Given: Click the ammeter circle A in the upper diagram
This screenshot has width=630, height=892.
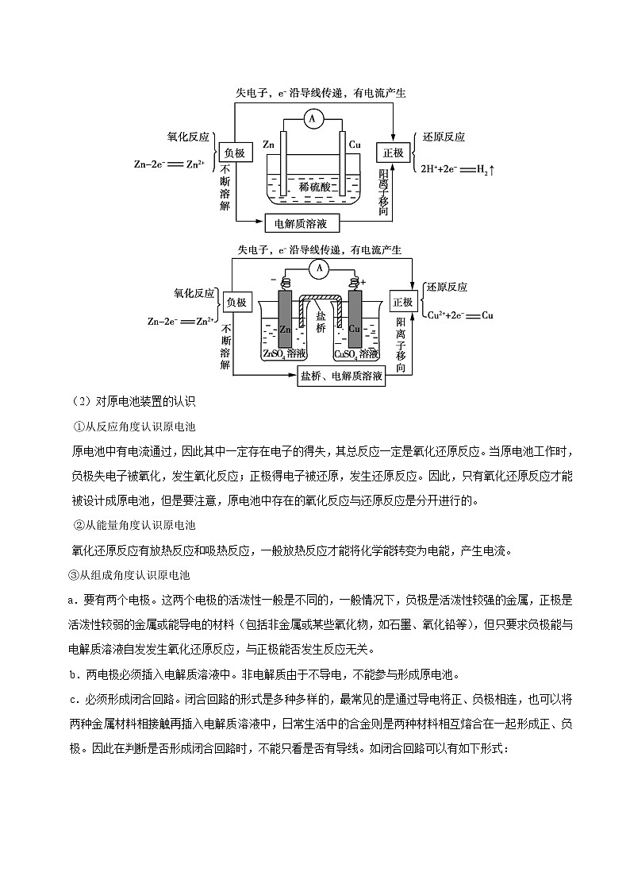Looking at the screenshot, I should point(312,119).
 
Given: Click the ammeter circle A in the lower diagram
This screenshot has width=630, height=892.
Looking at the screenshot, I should point(319,269).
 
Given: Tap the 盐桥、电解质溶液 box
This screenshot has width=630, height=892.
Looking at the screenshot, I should point(342,377).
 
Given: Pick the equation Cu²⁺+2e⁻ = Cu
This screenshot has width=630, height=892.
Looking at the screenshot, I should point(459,315).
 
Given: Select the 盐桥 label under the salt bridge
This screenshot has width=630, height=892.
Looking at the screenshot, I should point(320,321).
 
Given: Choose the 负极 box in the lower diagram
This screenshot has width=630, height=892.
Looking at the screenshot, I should point(236,303).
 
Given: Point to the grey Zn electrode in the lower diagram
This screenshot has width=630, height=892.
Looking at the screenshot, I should point(285,318).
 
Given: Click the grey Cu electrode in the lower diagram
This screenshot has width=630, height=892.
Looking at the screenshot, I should point(355,318).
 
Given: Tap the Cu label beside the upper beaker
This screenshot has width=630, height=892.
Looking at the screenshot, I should point(355,145).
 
